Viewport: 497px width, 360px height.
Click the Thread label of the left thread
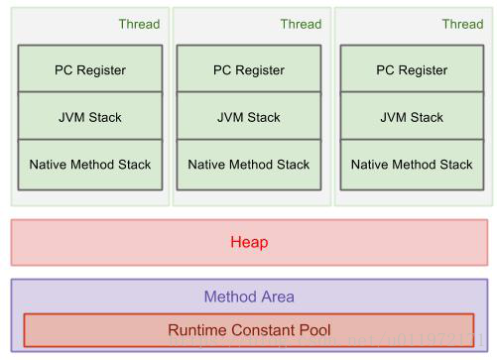[x=139, y=25]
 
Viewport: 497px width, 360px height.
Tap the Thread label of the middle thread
[x=301, y=25]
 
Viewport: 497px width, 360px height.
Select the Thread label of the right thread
[x=462, y=25]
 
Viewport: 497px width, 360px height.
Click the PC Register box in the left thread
[x=90, y=70]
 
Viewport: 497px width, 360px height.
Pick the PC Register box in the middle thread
[x=249, y=70]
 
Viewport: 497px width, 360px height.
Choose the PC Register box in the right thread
[x=412, y=70]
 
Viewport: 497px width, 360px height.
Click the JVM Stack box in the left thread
[x=90, y=117]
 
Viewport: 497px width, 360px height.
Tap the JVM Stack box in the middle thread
[x=249, y=117]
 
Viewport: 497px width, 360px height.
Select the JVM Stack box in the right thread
[x=412, y=117]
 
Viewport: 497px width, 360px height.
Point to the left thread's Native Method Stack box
[x=90, y=164]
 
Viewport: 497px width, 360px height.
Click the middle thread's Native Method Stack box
[x=249, y=164]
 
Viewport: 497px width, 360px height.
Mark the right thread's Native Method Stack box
[x=412, y=164]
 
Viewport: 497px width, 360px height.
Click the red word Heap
[x=249, y=242]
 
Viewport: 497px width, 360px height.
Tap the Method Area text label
[x=249, y=297]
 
